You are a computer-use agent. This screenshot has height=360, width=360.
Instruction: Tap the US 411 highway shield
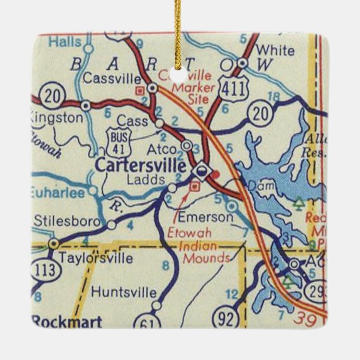pos(230,85)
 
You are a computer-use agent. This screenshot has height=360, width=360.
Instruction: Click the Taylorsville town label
pos(97,258)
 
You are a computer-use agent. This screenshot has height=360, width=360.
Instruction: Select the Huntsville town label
pos(124,292)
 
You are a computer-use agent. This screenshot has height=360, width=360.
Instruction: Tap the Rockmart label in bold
pos(67,321)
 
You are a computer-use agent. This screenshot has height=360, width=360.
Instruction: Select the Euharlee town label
pos(58,192)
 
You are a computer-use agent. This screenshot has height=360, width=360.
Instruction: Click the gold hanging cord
pos(179,28)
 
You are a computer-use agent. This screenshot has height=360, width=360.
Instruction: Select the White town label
pos(274,50)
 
